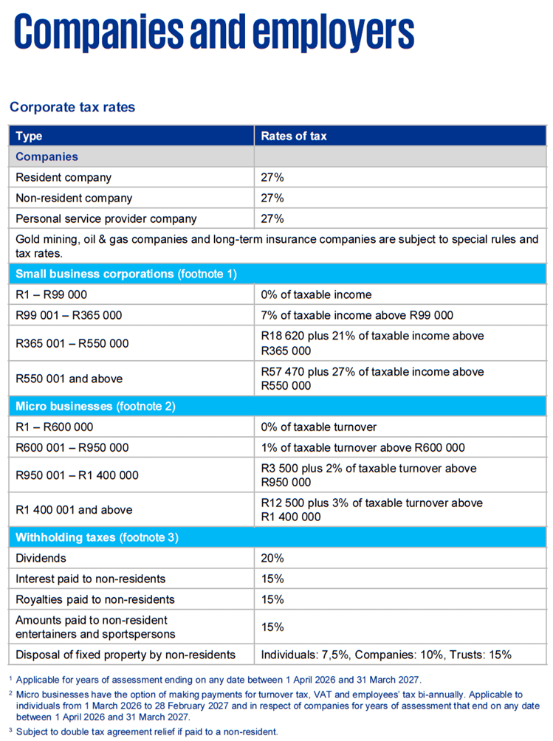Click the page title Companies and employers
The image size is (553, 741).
coord(214,32)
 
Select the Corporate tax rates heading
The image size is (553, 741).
coord(72,107)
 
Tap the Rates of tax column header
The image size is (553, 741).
coord(294,136)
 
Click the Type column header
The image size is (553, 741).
coord(29,136)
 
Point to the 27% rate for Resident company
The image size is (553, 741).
coord(272,177)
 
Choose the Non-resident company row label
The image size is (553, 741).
coord(74,198)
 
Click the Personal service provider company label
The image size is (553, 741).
coord(106,218)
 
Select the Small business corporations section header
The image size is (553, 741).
coord(126,274)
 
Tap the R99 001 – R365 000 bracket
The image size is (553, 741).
coord(69,315)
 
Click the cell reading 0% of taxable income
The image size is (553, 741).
coord(316,294)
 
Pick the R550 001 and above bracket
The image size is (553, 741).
coord(69,379)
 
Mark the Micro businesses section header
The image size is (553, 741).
coord(95,407)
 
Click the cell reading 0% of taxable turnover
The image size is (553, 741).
coord(318,427)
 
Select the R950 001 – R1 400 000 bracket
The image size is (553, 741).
coord(77,475)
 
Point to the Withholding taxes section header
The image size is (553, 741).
coord(97,537)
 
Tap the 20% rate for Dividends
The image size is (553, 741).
coord(272,558)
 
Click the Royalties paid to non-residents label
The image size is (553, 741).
coord(95,599)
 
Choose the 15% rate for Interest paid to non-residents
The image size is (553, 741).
coord(272,579)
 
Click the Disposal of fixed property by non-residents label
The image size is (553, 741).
coord(126,655)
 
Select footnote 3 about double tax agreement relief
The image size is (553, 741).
coord(144,731)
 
